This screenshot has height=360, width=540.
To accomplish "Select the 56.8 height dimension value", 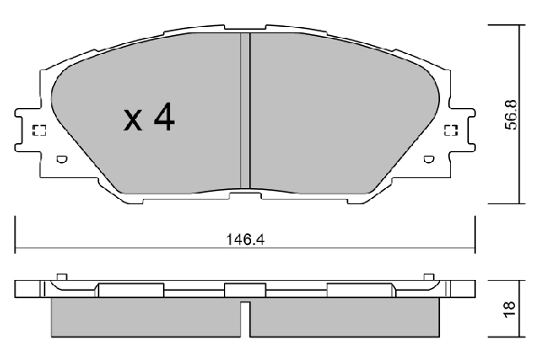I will [510, 112].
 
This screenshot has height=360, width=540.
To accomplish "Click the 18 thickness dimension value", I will [510, 309].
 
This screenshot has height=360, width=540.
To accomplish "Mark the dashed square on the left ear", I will [39, 131].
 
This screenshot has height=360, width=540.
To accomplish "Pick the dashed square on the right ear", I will [451, 131].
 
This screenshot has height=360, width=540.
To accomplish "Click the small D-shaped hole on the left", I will [62, 160].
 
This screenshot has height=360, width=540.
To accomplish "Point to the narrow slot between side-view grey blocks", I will [246, 317].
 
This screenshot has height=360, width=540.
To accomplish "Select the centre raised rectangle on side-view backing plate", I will [239, 290].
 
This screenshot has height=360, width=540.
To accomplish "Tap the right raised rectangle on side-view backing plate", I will [359, 290].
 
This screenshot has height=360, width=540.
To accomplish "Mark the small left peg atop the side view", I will [61, 276].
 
